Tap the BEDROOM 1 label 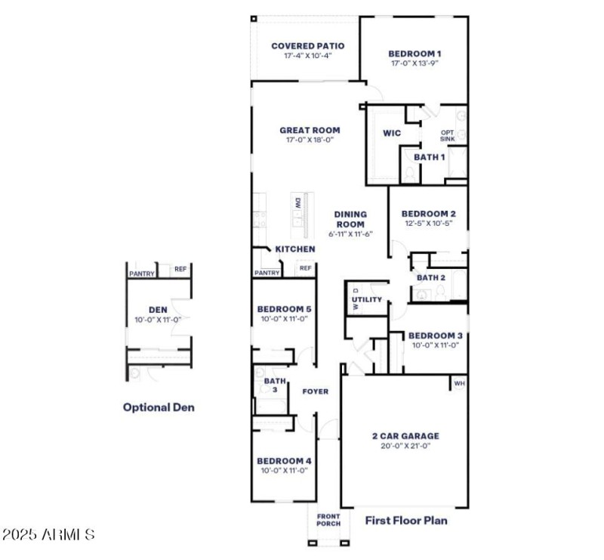pyautogui.click(x=414, y=54)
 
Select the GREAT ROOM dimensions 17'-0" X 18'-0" pyautogui.click(x=309, y=140)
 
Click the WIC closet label pyautogui.click(x=391, y=133)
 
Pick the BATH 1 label pyautogui.click(x=429, y=156)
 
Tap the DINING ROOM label pyautogui.click(x=350, y=219)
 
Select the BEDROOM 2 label pyautogui.click(x=428, y=214)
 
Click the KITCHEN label pyautogui.click(x=294, y=249)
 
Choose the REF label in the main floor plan pyautogui.click(x=306, y=268)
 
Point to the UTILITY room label pyautogui.click(x=367, y=300)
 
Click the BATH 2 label pyautogui.click(x=432, y=278)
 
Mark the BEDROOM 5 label pyautogui.click(x=284, y=309)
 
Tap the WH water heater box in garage pyautogui.click(x=458, y=384)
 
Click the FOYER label pyautogui.click(x=315, y=391)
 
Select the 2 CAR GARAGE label pyautogui.click(x=405, y=436)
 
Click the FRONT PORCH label pyautogui.click(x=328, y=520)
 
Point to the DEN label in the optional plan pyautogui.click(x=158, y=309)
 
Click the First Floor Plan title pyautogui.click(x=406, y=520)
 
